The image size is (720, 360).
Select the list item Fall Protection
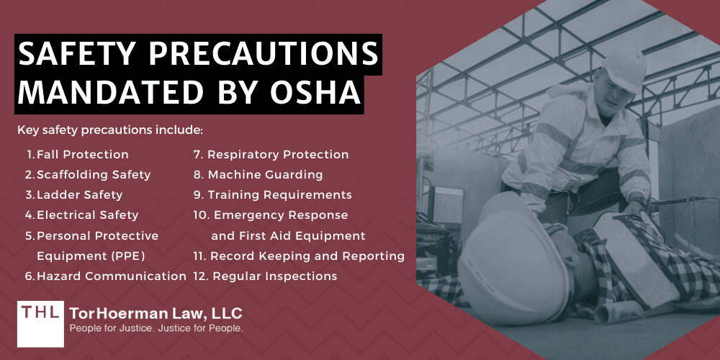(82, 154)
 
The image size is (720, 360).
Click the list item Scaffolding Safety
(94, 174)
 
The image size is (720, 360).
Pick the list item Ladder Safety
(79, 194)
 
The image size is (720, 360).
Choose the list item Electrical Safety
(87, 215)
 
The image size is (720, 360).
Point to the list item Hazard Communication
(112, 276)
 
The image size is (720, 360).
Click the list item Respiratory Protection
(278, 154)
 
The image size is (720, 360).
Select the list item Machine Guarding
(265, 174)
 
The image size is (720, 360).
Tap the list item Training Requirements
(279, 194)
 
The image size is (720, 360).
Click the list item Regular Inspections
(274, 276)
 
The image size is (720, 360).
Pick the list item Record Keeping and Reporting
(307, 256)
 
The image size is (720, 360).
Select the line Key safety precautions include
(110, 130)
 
